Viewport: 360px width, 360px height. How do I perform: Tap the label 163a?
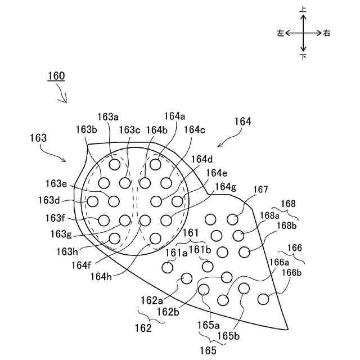[108, 117]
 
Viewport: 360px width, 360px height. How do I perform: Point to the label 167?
[261, 190]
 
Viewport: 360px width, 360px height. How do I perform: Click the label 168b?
[286, 226]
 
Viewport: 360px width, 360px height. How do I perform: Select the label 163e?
[56, 183]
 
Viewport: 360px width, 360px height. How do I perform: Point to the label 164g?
[226, 186]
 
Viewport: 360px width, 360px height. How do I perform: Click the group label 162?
[143, 328]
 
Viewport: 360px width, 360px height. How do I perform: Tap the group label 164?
[243, 121]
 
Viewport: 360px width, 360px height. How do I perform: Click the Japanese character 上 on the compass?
[303, 9]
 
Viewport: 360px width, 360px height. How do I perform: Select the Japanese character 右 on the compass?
[327, 33]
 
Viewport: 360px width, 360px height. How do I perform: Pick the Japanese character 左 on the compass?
[280, 33]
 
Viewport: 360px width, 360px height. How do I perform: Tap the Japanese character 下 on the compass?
[303, 57]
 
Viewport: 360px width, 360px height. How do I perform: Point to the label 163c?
[129, 130]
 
